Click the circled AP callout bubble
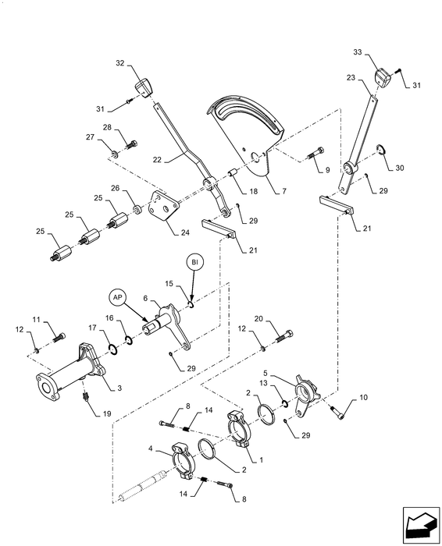pos(116,297)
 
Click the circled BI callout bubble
pos(194,262)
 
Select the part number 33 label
pos(358,52)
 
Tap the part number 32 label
pos(120,63)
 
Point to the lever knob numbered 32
pos(144,87)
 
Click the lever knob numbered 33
pos(383,77)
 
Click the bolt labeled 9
pos(315,153)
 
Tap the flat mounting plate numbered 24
pos(163,205)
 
